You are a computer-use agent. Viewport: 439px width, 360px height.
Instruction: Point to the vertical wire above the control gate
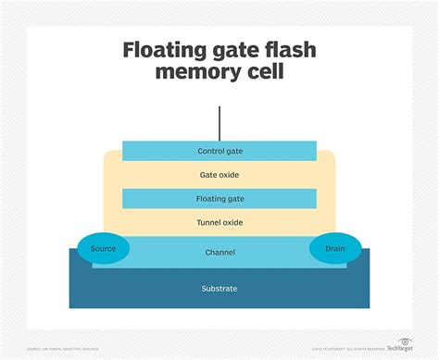(219, 122)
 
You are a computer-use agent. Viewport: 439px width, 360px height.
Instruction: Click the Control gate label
(219, 151)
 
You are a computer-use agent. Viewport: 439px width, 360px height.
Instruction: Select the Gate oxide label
(219, 174)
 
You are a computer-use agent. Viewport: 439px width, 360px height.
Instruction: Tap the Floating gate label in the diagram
(219, 198)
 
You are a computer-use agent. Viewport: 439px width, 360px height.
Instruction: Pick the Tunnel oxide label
(219, 222)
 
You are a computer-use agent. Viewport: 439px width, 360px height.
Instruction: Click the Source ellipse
(105, 249)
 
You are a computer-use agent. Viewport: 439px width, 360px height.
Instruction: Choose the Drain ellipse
(334, 249)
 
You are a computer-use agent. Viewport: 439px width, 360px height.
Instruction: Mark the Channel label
(219, 252)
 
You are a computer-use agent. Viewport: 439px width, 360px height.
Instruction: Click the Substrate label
(219, 289)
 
